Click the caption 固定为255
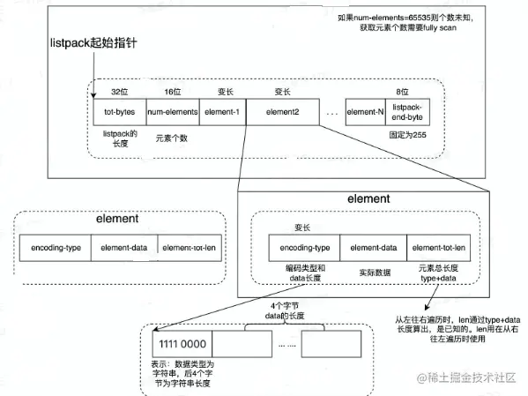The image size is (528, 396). tap(406, 138)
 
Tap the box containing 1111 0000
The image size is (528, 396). tap(182, 343)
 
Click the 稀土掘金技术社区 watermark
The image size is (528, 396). tap(468, 377)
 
